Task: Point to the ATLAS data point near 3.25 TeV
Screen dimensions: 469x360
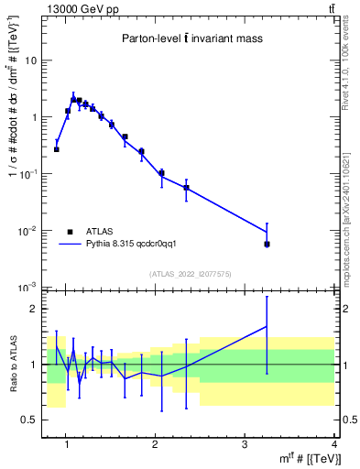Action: pos(267,244)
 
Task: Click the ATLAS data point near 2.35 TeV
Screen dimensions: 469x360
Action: pos(186,188)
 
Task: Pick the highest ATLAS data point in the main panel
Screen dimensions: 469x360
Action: pos(73,99)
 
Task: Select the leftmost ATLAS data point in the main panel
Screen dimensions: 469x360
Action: pos(57,149)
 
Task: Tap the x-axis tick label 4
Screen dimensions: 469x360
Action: pos(333,445)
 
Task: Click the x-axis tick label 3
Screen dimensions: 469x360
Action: pos(245,445)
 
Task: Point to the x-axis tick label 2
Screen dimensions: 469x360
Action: pos(155,445)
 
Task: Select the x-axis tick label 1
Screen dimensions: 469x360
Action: pos(66,445)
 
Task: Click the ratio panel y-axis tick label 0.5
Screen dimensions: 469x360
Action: pos(31,420)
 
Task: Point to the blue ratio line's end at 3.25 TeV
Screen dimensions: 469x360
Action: pos(267,326)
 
